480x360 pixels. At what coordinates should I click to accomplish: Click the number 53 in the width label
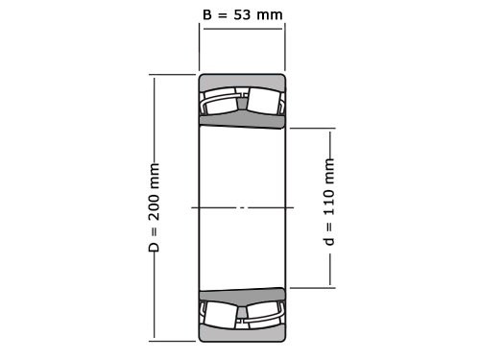243,14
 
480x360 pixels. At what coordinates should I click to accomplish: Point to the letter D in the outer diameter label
155,249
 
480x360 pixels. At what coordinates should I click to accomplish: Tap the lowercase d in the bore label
330,239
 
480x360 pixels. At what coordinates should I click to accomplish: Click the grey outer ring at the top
242,81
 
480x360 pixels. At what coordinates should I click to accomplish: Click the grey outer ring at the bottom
242,333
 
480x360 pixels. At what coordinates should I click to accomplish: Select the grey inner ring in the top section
242,120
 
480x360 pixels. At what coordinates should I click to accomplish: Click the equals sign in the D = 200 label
155,233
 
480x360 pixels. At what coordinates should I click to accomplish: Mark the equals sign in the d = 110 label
330,224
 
